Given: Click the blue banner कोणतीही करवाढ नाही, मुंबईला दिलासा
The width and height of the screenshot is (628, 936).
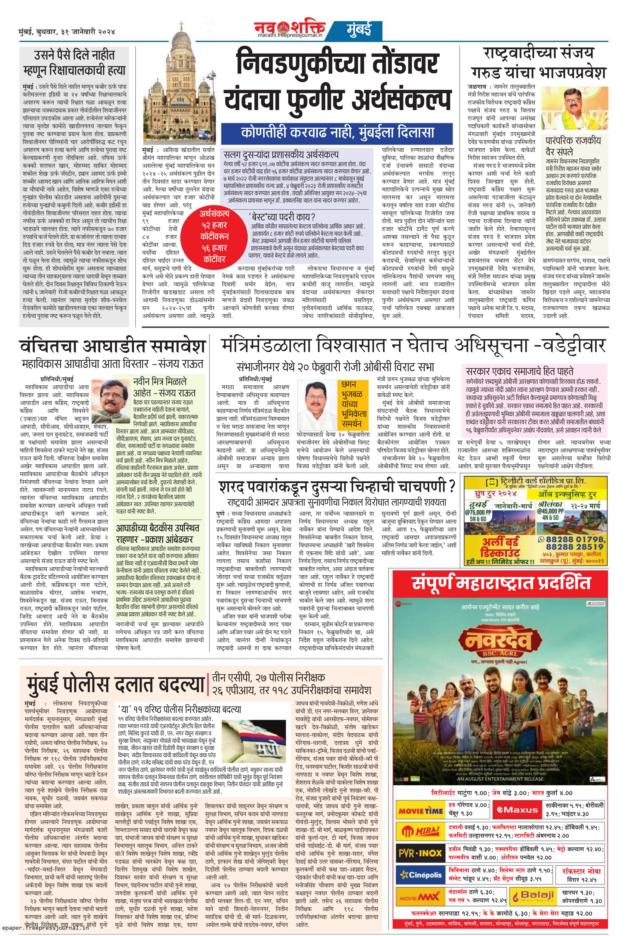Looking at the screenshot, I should click(338, 132).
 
